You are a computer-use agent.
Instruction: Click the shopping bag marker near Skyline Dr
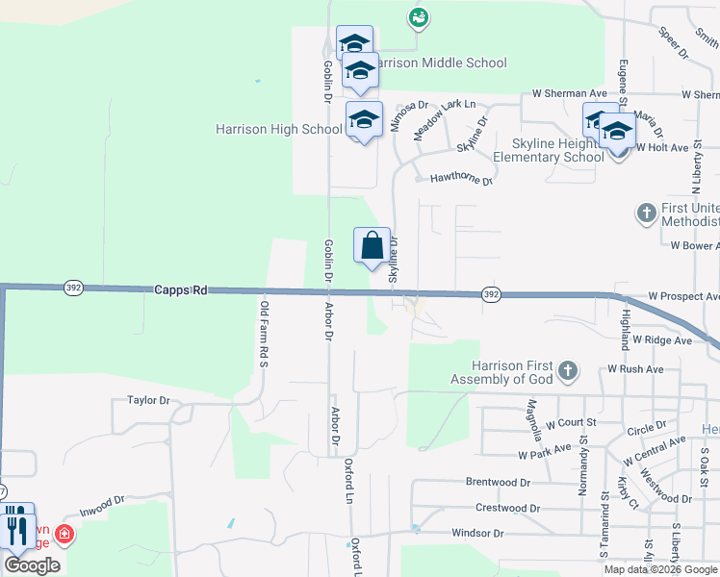[373, 246]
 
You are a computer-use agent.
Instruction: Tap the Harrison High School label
[279, 129]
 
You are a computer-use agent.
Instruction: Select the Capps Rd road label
[180, 288]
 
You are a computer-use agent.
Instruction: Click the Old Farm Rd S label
[262, 334]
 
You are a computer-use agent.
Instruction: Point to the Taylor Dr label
[148, 400]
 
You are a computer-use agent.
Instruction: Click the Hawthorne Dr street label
[461, 179]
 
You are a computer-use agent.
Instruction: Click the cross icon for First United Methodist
[646, 211]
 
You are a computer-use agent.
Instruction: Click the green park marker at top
[418, 16]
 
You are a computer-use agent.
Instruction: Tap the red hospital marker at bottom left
[64, 534]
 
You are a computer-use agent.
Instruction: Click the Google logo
[32, 565]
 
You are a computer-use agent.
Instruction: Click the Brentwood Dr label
[498, 482]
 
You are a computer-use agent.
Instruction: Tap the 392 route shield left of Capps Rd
[73, 287]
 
